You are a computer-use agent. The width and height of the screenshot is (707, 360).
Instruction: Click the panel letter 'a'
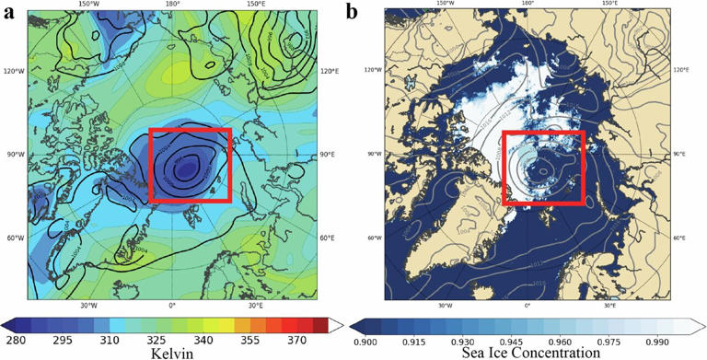8,12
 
